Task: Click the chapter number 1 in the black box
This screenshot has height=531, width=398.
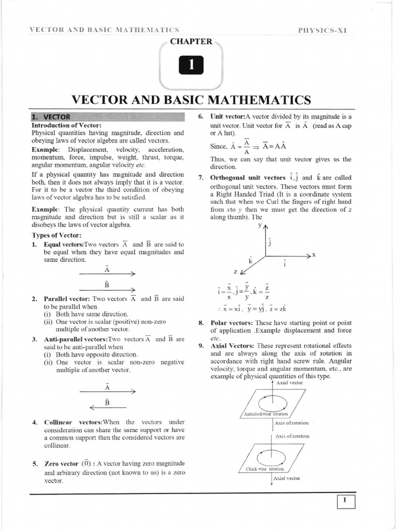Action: (x=191, y=65)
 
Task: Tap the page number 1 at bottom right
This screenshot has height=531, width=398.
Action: (x=345, y=501)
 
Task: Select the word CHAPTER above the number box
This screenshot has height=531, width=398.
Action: (x=191, y=41)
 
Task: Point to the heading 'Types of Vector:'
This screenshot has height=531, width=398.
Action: (x=56, y=235)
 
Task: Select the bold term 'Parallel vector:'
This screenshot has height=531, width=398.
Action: (x=67, y=299)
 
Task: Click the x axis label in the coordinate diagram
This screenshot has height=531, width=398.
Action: (x=314, y=255)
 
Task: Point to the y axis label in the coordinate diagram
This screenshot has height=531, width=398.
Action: (x=260, y=226)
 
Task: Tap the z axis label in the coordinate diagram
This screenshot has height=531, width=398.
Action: (x=235, y=271)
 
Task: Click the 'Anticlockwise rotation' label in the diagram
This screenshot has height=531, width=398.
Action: (x=265, y=414)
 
